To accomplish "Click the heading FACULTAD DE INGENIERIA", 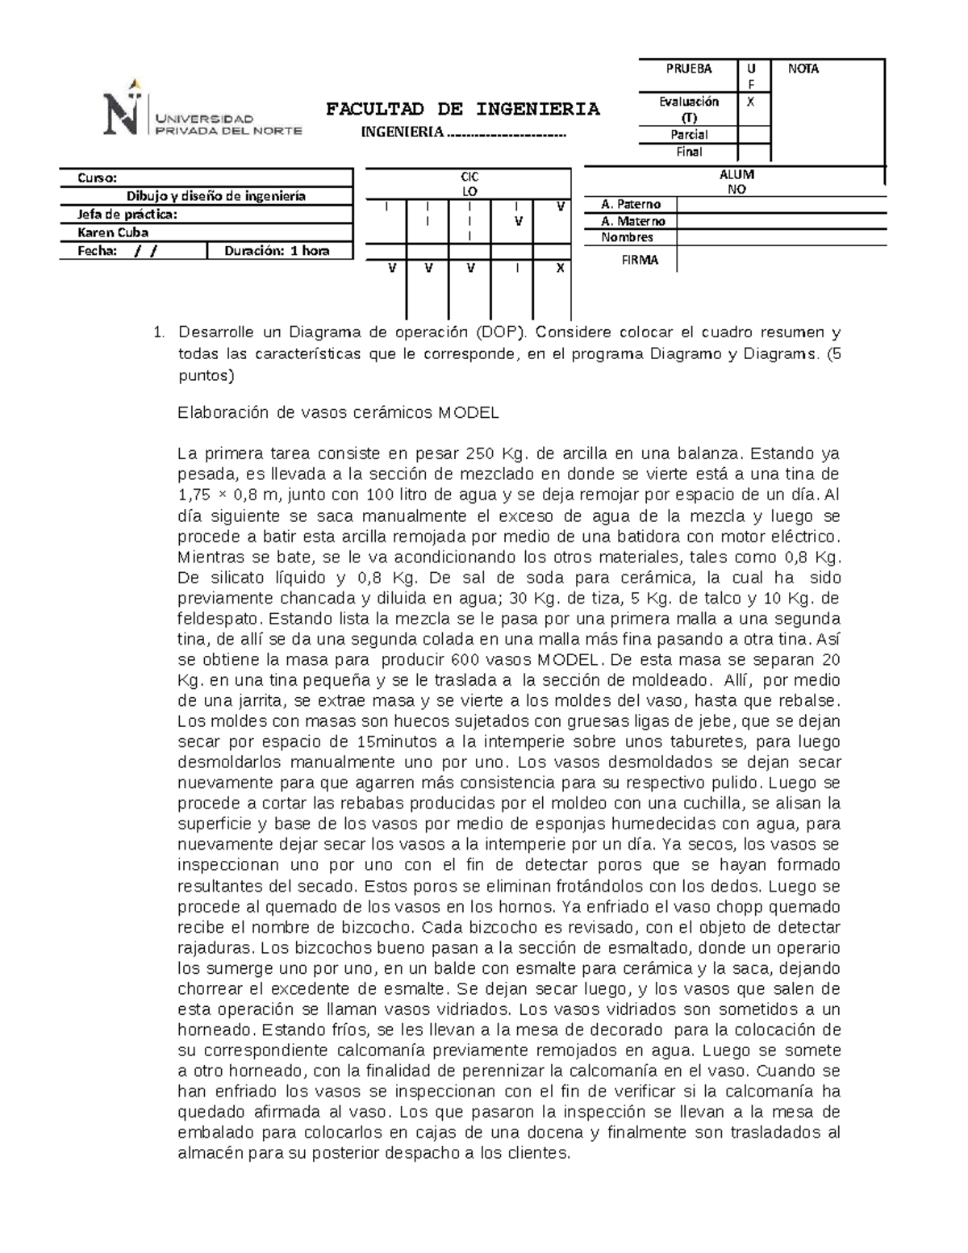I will [x=462, y=109].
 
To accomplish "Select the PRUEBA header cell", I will [x=688, y=69].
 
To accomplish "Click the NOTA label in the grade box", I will [x=803, y=69].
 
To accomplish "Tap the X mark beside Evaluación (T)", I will [x=751, y=102].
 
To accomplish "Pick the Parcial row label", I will [x=688, y=135].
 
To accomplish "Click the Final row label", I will [x=688, y=152].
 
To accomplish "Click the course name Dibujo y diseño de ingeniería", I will [x=216, y=196].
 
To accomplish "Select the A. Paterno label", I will [x=631, y=205].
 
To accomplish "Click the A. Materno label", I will [x=633, y=221].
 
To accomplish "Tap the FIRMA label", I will [x=639, y=260].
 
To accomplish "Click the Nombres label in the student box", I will [x=627, y=237].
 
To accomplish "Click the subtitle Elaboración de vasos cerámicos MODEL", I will [x=338, y=413].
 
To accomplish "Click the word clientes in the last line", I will [x=543, y=1154].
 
